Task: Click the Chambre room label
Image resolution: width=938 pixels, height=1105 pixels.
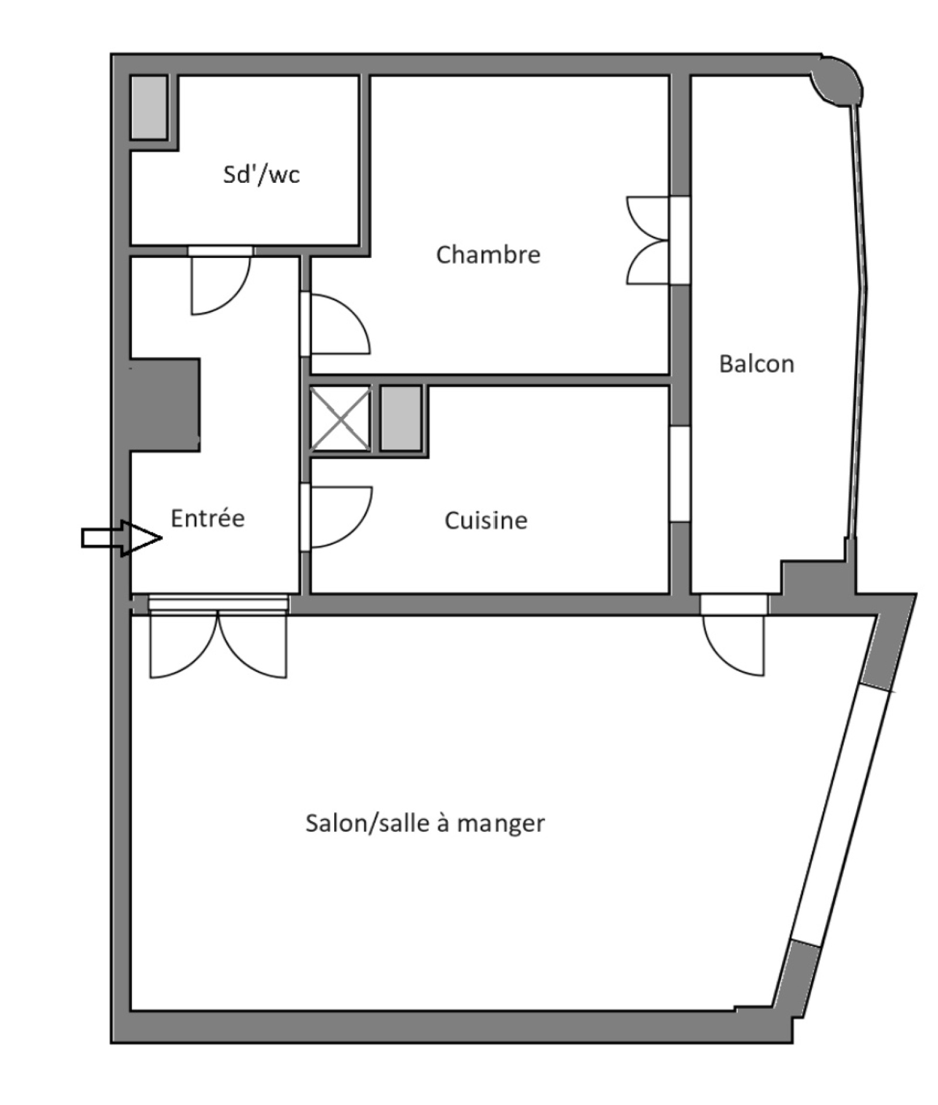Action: pos(488,255)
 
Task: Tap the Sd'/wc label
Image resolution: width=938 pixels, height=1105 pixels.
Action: pos(261,174)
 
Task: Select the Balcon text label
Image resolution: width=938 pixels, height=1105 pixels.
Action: pos(756,364)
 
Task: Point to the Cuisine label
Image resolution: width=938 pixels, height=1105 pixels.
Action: pos(486,521)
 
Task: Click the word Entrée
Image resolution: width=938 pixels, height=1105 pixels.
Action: pos(208,518)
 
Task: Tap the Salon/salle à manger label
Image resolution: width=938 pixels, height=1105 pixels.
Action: pos(425,823)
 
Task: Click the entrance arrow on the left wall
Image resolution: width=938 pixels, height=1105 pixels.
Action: pos(121,538)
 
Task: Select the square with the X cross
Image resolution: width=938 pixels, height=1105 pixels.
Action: pos(340,419)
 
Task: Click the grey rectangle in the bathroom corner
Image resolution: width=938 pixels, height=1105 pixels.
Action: pos(149,107)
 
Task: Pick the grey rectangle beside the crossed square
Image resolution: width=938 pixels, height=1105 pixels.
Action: pos(401,418)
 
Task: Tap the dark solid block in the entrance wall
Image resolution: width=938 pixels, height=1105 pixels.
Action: pos(165,404)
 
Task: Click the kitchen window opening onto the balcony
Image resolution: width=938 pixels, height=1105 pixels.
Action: pos(680,473)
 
